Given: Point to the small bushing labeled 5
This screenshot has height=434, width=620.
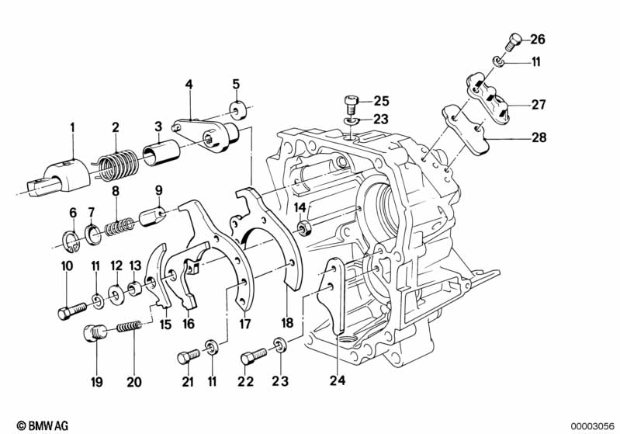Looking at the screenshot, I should (x=237, y=106).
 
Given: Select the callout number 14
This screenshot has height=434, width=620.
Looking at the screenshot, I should (x=301, y=207).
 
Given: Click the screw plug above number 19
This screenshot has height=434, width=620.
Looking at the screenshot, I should (x=94, y=335).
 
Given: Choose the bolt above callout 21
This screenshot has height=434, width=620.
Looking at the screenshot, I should (x=186, y=356).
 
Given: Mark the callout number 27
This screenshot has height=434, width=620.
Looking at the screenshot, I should (x=538, y=103).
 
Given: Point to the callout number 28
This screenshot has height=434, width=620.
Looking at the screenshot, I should (x=538, y=139).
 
